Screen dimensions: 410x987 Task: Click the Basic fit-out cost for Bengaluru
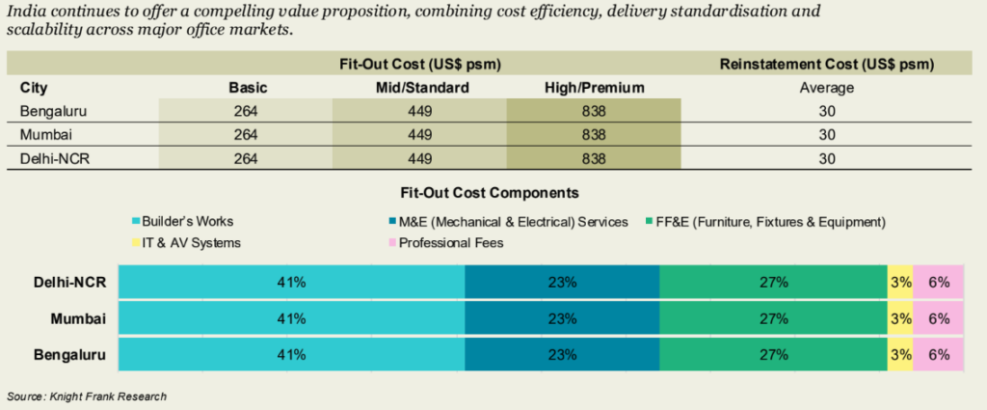[245, 111]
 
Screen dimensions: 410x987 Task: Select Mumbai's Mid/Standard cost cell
[419, 134]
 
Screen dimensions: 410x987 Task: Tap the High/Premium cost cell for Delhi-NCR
[594, 157]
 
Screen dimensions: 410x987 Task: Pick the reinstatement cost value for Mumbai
[827, 134]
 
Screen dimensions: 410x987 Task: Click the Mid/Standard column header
[419, 88]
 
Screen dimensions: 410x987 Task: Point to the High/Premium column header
[594, 88]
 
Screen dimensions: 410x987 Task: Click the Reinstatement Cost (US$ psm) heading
[827, 65]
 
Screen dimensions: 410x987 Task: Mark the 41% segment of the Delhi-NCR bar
[291, 283]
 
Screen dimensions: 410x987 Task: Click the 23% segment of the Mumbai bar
[562, 318]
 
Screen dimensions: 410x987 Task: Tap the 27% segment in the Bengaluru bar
[774, 354]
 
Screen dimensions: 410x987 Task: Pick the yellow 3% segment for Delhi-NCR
[900, 283]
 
